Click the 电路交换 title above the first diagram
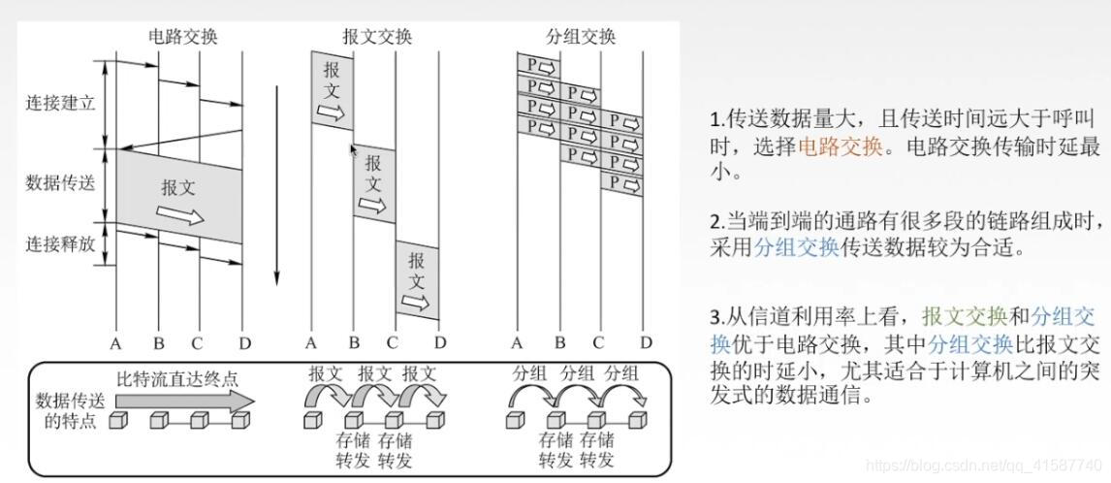pyautogui.click(x=182, y=37)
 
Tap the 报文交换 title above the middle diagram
pyautogui.click(x=377, y=37)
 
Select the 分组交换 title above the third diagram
pyautogui.click(x=581, y=37)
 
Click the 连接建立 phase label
pyautogui.click(x=60, y=103)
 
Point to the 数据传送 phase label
pyautogui.click(x=60, y=181)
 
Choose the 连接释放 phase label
pyautogui.click(x=60, y=244)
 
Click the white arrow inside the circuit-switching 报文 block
pyautogui.click(x=181, y=213)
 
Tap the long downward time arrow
pyautogui.click(x=276, y=184)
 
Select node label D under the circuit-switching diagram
pyautogui.click(x=243, y=342)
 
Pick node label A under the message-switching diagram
pyautogui.click(x=311, y=342)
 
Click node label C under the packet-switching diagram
pyautogui.click(x=598, y=342)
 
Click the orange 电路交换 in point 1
pyautogui.click(x=840, y=146)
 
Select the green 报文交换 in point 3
pyautogui.click(x=965, y=316)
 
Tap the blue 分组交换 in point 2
pyautogui.click(x=796, y=246)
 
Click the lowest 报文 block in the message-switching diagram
pyautogui.click(x=417, y=279)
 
